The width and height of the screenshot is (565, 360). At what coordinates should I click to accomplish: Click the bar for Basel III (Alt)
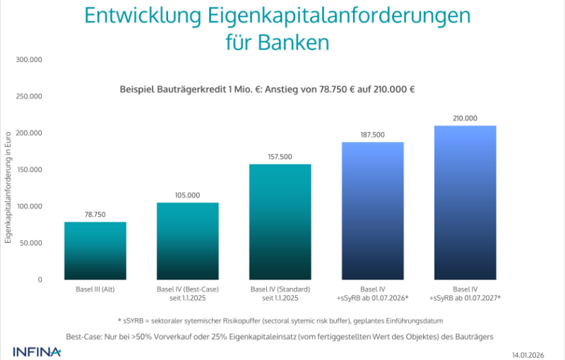pyautogui.click(x=95, y=251)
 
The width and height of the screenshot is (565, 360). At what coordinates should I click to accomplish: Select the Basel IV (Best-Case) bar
pyautogui.click(x=187, y=241)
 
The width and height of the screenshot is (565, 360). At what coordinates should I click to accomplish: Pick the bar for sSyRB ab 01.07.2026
pyautogui.click(x=373, y=211)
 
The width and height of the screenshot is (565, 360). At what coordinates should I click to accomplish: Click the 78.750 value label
pyautogui.click(x=95, y=214)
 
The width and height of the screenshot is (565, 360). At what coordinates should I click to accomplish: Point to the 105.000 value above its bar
pyautogui.click(x=187, y=195)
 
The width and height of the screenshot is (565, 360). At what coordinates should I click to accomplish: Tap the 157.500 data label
pyautogui.click(x=280, y=157)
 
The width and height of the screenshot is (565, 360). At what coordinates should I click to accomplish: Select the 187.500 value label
pyautogui.click(x=373, y=135)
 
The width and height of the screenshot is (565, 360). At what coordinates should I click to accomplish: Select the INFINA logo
pyautogui.click(x=37, y=351)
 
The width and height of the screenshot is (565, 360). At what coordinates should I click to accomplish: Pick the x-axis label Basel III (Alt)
pyautogui.click(x=95, y=289)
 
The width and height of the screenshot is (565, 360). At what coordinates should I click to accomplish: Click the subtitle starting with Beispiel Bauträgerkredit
pyautogui.click(x=267, y=90)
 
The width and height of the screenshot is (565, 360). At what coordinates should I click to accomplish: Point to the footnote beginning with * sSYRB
pyautogui.click(x=279, y=320)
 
